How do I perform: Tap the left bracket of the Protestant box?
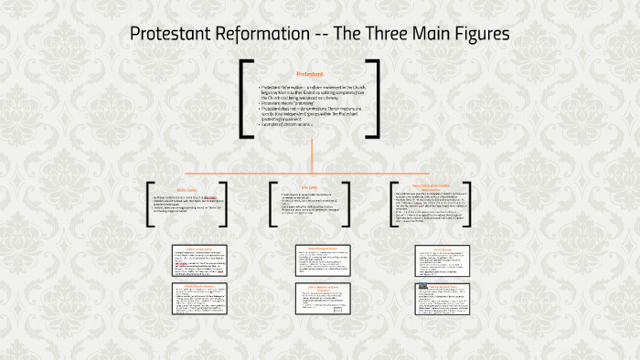246,99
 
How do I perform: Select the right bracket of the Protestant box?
374,99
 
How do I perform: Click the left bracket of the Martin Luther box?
149,203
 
